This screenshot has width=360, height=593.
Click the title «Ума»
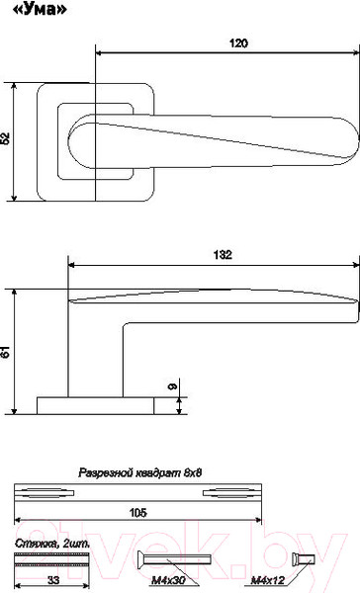(x=40, y=9)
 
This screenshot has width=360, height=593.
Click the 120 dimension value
(x=239, y=43)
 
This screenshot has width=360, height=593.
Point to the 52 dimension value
(x=5, y=138)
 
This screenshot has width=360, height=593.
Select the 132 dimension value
(x=223, y=255)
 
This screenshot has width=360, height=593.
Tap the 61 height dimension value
(x=5, y=351)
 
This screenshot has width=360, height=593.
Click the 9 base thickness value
(x=172, y=386)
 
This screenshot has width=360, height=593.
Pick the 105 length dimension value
(x=137, y=513)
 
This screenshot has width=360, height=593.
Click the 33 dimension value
(x=53, y=580)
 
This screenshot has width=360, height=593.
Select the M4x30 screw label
(x=168, y=580)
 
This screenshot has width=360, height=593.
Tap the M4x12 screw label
(x=268, y=580)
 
